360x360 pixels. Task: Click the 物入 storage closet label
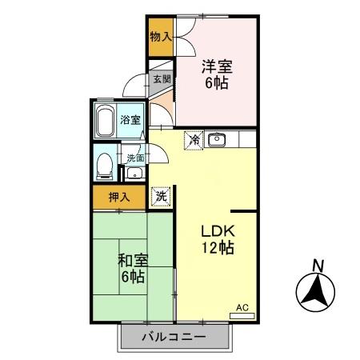(x=160, y=36)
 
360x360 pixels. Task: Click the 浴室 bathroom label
(x=130, y=120)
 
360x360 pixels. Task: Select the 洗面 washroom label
(x=134, y=158)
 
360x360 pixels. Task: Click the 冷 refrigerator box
(x=194, y=140)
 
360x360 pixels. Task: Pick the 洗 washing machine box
(x=162, y=196)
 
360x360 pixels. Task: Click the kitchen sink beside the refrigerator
(x=216, y=140)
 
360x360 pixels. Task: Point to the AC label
(x=242, y=306)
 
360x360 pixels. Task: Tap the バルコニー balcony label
(x=175, y=336)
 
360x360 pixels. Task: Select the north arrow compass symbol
(x=317, y=293)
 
